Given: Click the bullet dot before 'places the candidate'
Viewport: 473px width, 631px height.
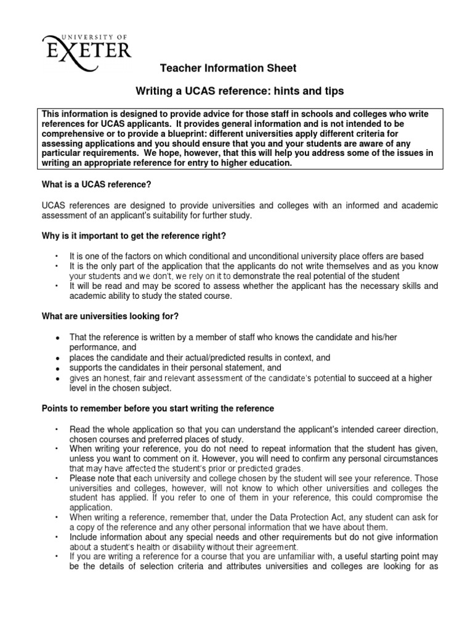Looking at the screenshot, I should [x=57, y=358].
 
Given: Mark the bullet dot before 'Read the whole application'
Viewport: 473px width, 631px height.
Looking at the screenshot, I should [x=57, y=428].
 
